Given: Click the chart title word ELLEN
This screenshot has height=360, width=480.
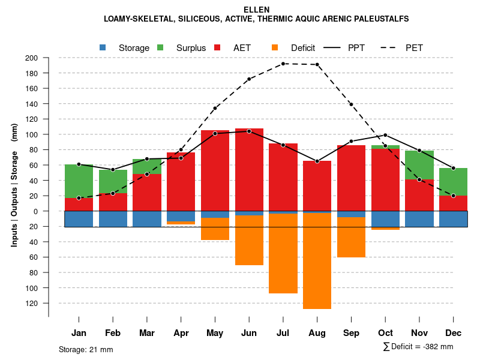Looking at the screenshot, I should (x=256, y=10).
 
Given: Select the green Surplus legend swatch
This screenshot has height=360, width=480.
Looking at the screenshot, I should (x=160, y=48).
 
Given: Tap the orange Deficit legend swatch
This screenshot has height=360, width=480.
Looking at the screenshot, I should (x=275, y=48).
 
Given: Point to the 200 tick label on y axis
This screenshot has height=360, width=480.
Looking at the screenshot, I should (x=31, y=58).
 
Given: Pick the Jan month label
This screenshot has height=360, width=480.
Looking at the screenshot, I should (x=79, y=333).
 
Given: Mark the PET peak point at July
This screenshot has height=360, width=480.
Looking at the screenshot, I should (x=283, y=64).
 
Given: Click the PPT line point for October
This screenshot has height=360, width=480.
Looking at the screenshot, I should (x=385, y=135).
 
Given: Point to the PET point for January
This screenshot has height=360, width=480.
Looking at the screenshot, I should (x=79, y=198).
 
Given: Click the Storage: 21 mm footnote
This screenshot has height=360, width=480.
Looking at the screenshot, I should (x=86, y=349).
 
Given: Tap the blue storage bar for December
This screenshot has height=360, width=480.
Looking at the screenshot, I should (x=453, y=219).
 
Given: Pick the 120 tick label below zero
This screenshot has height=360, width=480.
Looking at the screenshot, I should (x=31, y=304).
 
